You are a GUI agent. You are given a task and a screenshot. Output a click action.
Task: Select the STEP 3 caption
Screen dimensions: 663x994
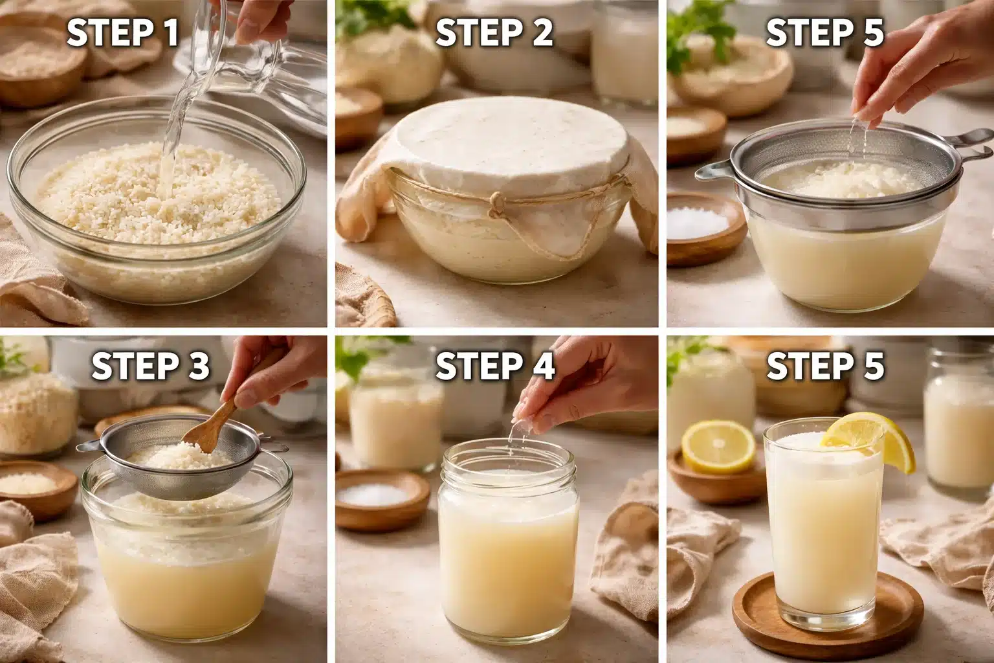[150, 366]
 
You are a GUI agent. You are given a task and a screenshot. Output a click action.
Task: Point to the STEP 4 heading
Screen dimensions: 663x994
[494, 366]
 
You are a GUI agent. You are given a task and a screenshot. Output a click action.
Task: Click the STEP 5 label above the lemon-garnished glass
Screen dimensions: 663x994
[825, 366]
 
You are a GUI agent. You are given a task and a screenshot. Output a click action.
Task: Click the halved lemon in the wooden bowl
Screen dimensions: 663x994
[718, 447]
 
